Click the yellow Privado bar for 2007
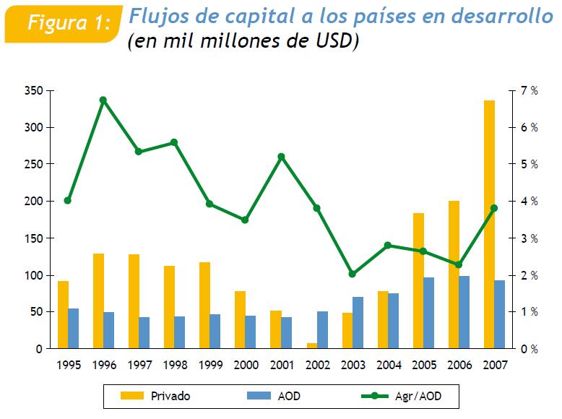[x=489, y=224]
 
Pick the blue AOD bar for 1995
[x=74, y=329]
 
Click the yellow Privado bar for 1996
[x=98, y=301]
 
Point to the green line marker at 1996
[x=103, y=100]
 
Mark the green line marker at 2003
[x=352, y=274]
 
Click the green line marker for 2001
[x=281, y=156]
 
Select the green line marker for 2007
[x=493, y=208]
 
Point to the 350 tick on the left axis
[x=35, y=90]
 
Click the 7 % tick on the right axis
[x=529, y=90]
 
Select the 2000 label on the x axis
[x=246, y=365]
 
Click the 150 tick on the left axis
[x=35, y=238]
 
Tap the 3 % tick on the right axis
[x=529, y=238]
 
